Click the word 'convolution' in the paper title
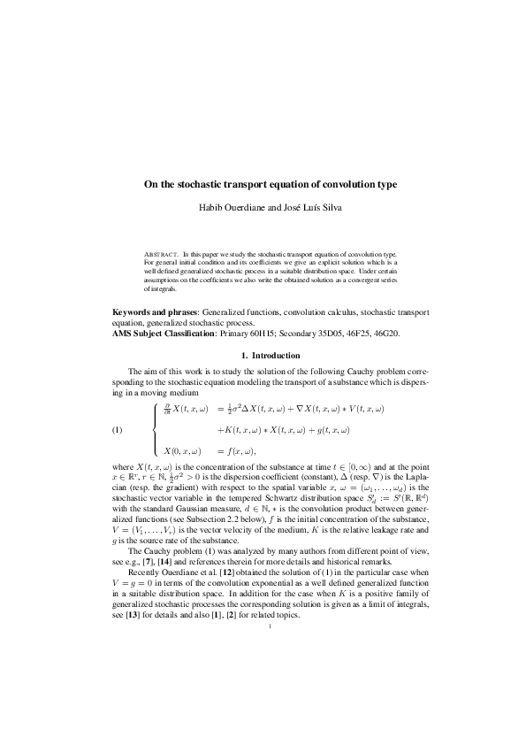[x=331, y=184]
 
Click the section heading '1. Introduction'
[x=263, y=356]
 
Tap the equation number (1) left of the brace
[x=118, y=430]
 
